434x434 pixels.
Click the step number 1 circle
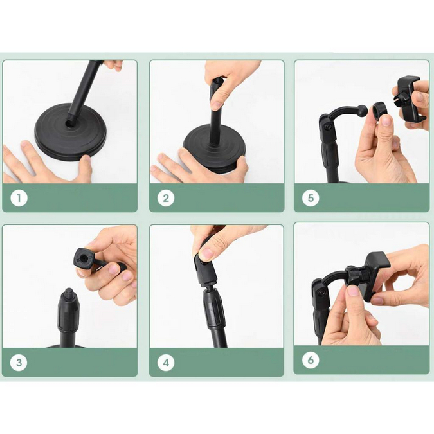coord(19,198)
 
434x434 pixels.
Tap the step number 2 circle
coord(166,198)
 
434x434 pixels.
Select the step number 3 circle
coord(19,363)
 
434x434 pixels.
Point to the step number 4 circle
coord(166,363)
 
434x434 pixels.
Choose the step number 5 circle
coord(311,198)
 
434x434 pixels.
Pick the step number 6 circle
coord(311,360)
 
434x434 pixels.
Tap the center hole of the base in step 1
coord(69,124)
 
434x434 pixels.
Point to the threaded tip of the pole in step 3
coord(69,291)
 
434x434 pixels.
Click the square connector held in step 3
coord(84,259)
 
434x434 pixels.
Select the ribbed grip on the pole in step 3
coord(69,312)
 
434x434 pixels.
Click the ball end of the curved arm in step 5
coord(363,109)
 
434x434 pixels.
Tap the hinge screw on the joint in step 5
coord(329,127)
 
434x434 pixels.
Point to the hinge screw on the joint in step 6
coord(321,293)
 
